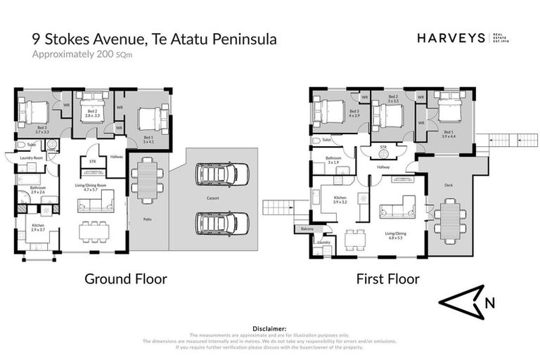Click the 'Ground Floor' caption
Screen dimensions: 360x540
click(x=126, y=279)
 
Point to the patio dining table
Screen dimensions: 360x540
click(x=148, y=180)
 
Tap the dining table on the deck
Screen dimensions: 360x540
click(x=449, y=219)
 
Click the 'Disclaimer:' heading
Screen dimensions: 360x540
click(x=269, y=328)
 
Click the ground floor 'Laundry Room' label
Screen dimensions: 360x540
click(x=32, y=159)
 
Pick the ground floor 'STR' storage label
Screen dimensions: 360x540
click(x=91, y=161)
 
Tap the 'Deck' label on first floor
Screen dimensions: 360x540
click(x=449, y=186)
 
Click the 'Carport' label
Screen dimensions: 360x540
click(x=212, y=199)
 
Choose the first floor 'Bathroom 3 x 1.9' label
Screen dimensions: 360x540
click(x=333, y=160)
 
